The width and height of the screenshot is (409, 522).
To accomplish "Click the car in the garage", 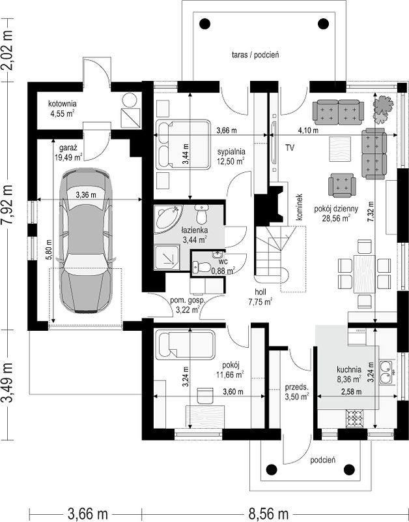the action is [86, 241].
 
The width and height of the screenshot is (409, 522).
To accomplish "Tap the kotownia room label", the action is [63, 103].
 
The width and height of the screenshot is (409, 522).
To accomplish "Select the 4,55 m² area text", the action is [63, 114].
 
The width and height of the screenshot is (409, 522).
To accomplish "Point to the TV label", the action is [290, 148].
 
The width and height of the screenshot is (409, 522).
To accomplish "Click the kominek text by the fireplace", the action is [300, 207].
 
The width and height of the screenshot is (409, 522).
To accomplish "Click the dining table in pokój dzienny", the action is [365, 274].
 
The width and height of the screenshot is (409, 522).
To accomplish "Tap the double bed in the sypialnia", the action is [183, 145].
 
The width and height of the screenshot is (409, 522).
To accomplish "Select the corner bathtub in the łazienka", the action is [168, 219].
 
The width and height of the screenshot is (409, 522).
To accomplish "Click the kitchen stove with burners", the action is [355, 418].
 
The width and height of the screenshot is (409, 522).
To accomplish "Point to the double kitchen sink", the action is [387, 372].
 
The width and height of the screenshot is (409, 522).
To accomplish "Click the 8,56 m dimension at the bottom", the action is [268, 514].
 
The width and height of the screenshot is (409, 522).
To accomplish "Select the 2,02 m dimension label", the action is [7, 50].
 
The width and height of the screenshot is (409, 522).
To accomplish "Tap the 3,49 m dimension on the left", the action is [7, 383].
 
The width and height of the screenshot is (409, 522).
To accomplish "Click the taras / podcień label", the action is [255, 55].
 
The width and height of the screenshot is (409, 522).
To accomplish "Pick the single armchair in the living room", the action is [342, 185].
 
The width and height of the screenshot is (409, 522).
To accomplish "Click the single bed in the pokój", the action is [186, 345].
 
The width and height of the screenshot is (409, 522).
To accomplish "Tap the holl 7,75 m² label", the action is [261, 297].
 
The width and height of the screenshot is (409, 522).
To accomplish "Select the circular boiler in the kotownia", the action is [129, 100].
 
